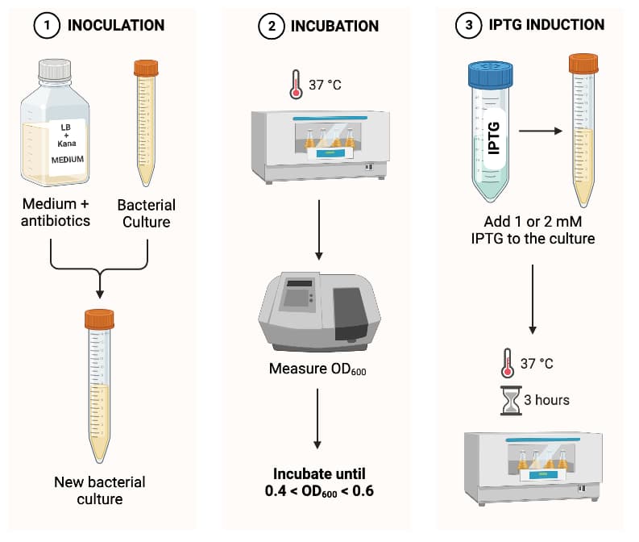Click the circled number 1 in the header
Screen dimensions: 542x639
click(46, 25)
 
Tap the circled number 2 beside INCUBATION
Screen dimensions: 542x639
click(272, 26)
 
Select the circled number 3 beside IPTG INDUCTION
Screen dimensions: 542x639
click(469, 25)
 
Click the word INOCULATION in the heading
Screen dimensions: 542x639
click(115, 25)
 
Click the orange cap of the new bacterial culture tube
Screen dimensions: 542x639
click(99, 319)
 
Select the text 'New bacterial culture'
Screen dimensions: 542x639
click(99, 490)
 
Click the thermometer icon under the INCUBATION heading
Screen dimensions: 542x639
click(296, 84)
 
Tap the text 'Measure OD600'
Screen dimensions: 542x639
click(318, 370)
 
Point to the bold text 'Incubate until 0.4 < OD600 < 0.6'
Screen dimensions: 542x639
click(318, 482)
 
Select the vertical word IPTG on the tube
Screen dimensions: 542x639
click(495, 138)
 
